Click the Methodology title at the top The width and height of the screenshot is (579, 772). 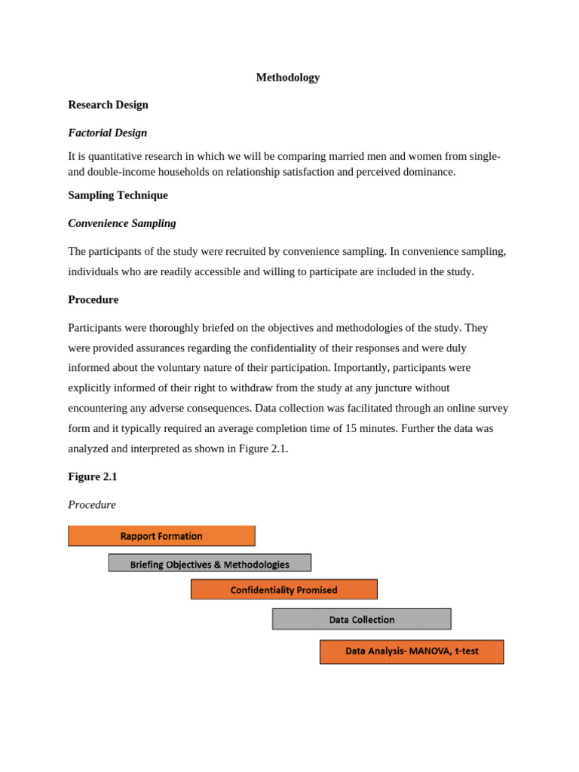point(287,78)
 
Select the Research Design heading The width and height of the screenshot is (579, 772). point(108,105)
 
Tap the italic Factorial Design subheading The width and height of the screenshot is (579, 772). point(107,133)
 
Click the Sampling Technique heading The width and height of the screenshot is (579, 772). point(118,195)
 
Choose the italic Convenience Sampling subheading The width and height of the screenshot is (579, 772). point(121,223)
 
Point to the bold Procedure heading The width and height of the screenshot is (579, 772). point(93,299)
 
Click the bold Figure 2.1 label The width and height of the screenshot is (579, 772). point(92,476)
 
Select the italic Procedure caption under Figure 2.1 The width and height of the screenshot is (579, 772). point(91,504)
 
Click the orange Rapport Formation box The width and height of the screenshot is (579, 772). point(161,536)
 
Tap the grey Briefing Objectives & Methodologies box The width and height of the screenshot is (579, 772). point(210,563)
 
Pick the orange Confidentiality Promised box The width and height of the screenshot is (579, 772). point(283,590)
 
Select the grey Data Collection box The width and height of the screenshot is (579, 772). point(361,619)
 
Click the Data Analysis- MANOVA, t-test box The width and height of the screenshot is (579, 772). point(412,651)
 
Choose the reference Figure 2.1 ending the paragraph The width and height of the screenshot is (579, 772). point(265,449)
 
